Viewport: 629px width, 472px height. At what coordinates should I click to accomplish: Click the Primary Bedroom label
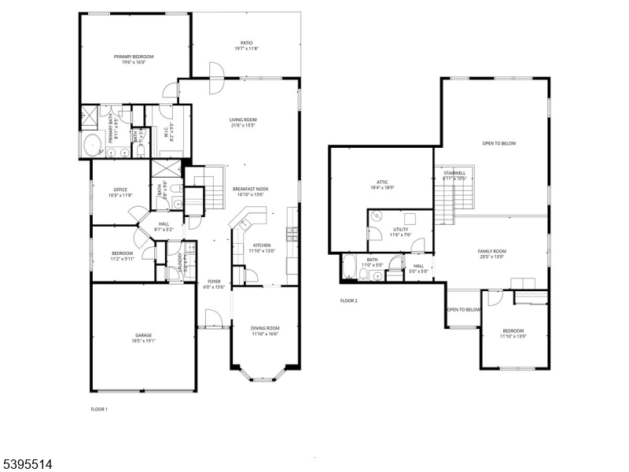pyautogui.click(x=133, y=57)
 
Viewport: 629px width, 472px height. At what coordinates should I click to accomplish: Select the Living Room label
pyautogui.click(x=244, y=120)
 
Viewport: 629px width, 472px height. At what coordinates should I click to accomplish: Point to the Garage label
pyautogui.click(x=143, y=335)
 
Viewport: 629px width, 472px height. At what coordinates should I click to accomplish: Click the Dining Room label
pyautogui.click(x=264, y=328)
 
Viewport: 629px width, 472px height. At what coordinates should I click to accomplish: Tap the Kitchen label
pyautogui.click(x=262, y=245)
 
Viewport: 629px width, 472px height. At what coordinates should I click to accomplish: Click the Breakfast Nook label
pyautogui.click(x=251, y=190)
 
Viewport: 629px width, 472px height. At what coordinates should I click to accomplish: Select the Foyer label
pyautogui.click(x=214, y=281)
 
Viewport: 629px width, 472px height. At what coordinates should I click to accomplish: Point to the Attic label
pyautogui.click(x=383, y=183)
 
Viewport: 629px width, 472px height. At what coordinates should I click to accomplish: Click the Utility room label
pyautogui.click(x=401, y=230)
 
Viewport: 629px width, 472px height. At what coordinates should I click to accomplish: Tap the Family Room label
pyautogui.click(x=491, y=251)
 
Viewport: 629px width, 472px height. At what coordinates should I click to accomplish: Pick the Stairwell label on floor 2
pyautogui.click(x=455, y=173)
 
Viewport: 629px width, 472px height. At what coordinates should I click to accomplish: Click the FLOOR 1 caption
pyautogui.click(x=99, y=409)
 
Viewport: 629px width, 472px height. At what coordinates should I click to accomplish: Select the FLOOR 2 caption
pyautogui.click(x=348, y=301)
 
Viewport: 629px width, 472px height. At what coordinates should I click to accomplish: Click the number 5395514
pyautogui.click(x=27, y=465)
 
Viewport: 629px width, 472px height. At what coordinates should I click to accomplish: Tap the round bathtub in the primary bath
pyautogui.click(x=92, y=146)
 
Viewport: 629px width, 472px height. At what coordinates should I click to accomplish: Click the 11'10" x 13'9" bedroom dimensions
pyautogui.click(x=513, y=336)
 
